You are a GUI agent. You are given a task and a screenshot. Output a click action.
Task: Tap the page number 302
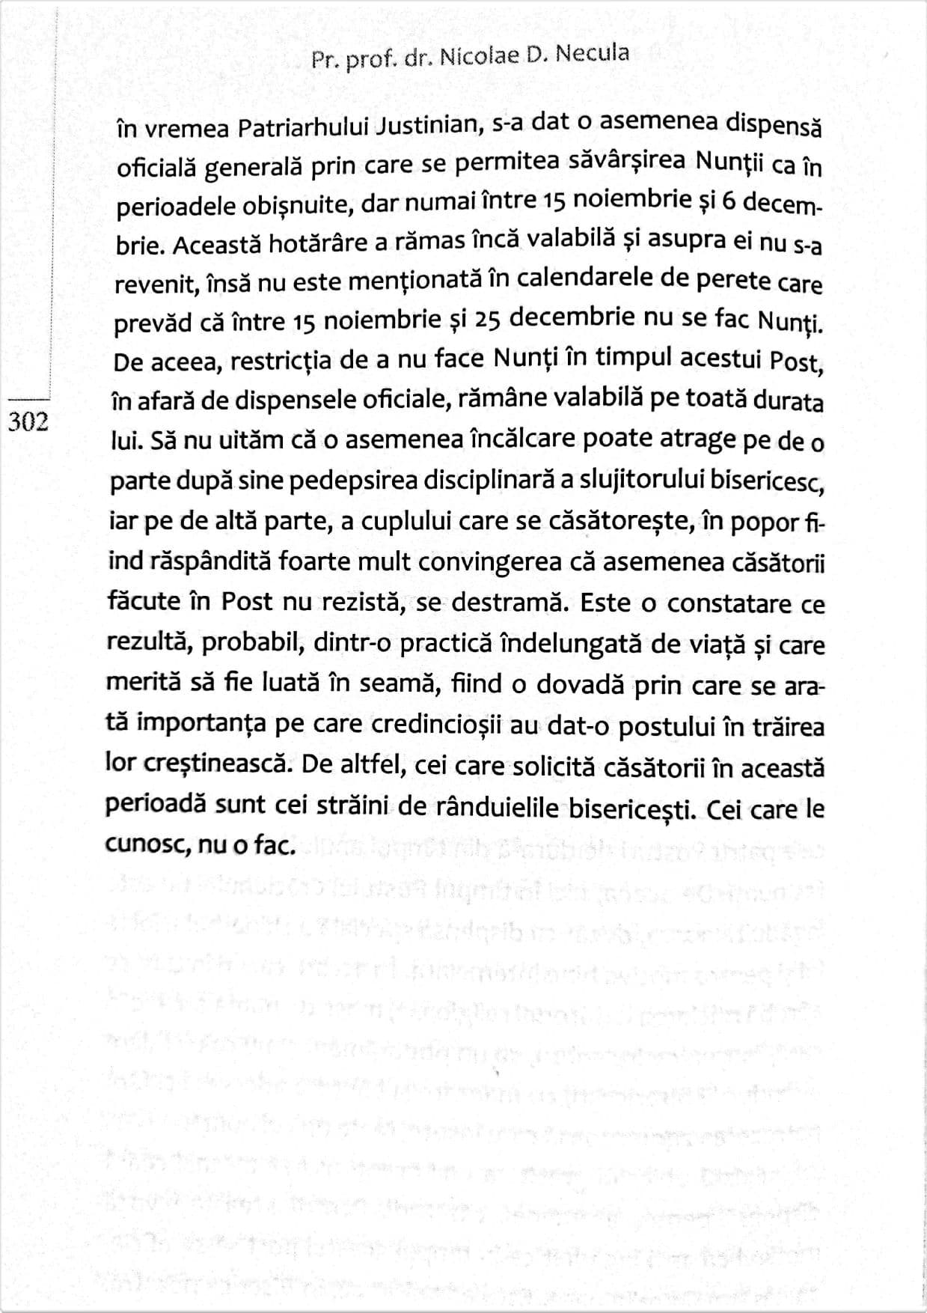coord(28,423)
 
